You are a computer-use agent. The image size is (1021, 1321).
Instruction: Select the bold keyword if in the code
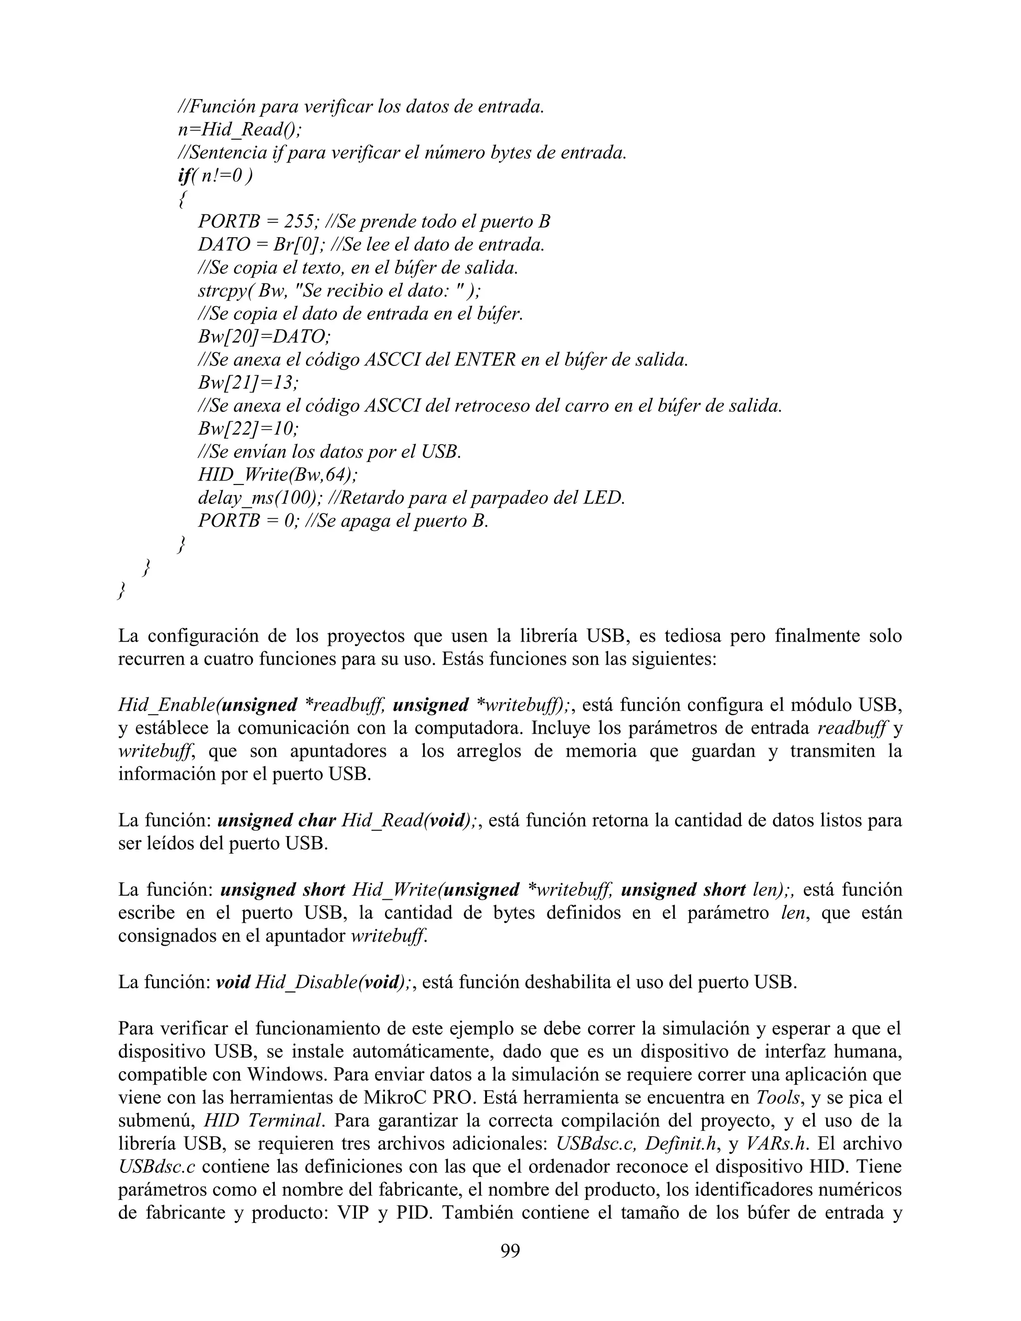[183, 175]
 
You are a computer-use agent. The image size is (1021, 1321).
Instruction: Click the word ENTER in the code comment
[485, 360]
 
